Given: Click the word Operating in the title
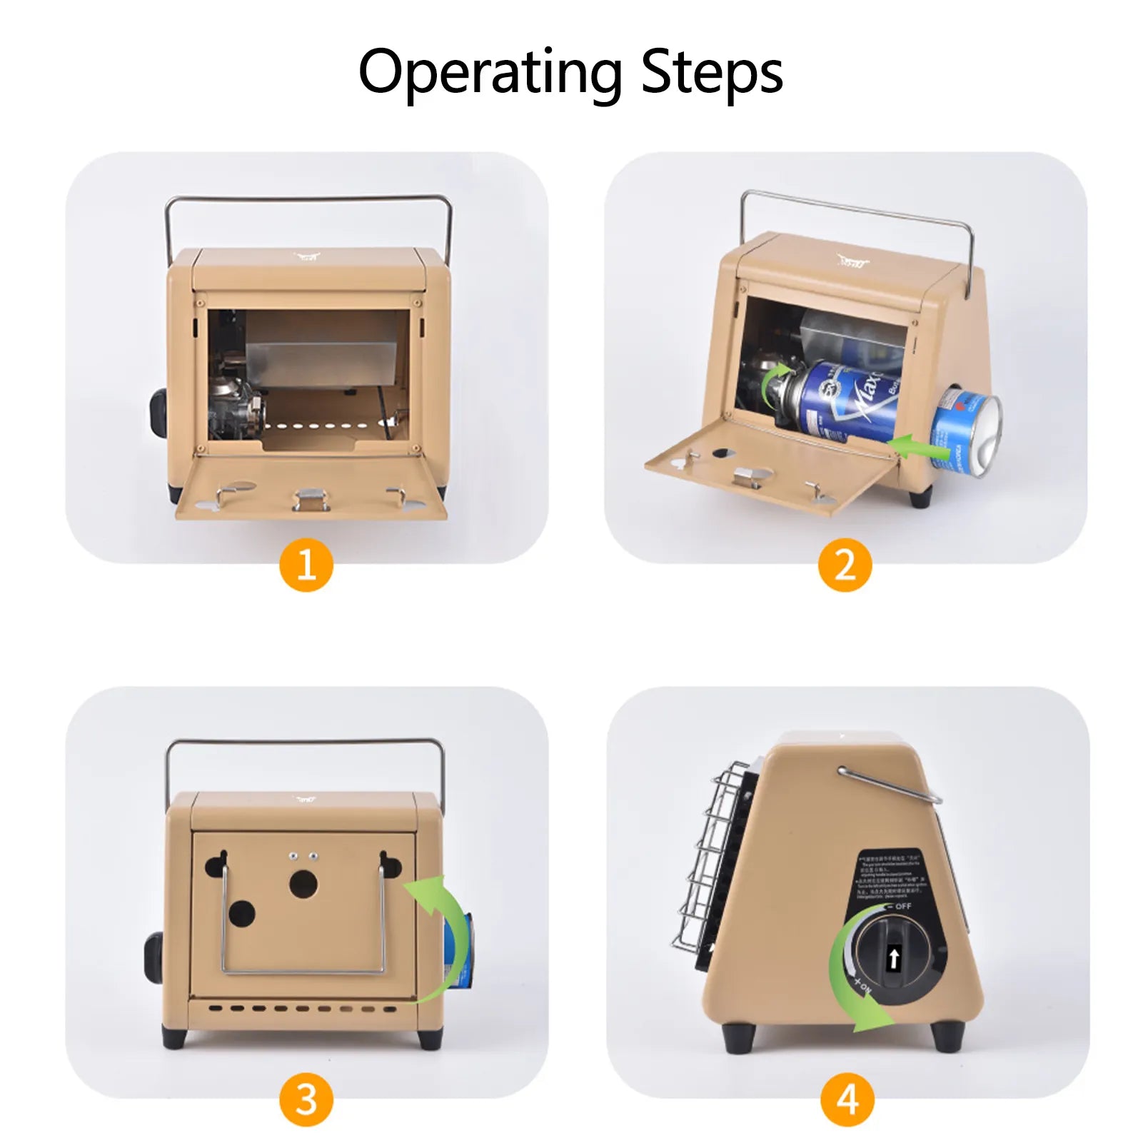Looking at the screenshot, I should point(490,73).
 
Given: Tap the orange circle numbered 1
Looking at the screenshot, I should point(306,565).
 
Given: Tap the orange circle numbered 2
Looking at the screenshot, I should point(845,565).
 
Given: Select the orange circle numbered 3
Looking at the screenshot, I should point(306,1099).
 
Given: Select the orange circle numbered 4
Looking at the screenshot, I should point(847,1099).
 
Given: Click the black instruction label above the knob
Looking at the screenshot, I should point(891,874).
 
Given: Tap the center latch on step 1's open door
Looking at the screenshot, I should point(311,498).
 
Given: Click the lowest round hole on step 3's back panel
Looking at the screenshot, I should point(241,913).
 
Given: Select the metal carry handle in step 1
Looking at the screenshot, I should point(307,201).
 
